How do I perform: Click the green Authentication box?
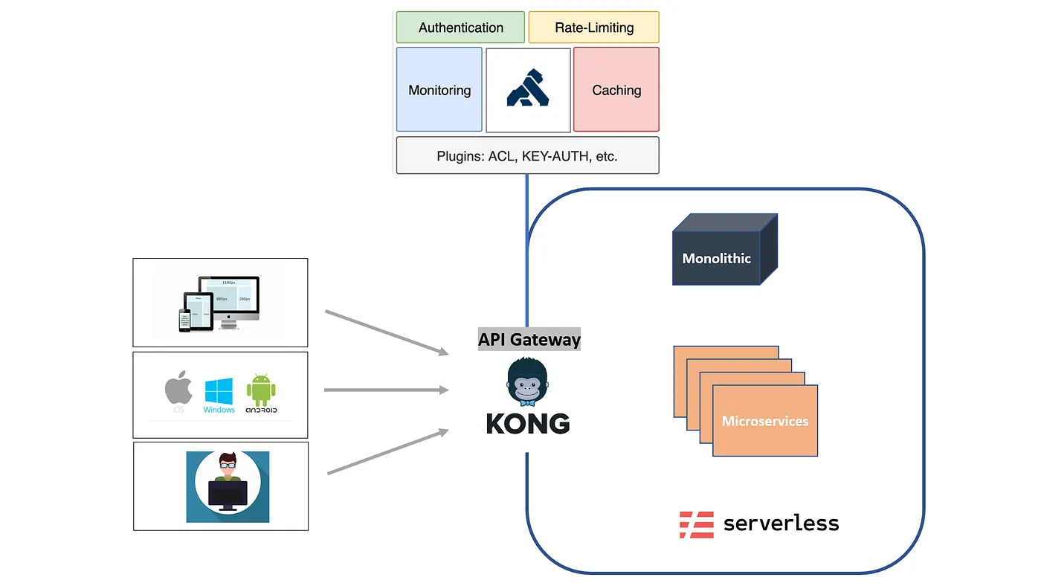click(x=460, y=28)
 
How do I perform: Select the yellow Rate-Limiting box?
click(x=593, y=28)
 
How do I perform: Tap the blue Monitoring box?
click(x=439, y=90)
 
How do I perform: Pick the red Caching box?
click(x=616, y=90)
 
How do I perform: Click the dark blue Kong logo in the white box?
click(x=528, y=88)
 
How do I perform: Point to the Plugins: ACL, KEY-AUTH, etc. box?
click(x=527, y=155)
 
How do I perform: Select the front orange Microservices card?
click(x=764, y=421)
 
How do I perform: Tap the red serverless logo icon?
click(x=696, y=524)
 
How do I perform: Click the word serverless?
click(x=781, y=524)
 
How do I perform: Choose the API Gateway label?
click(x=529, y=340)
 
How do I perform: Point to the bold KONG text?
click(x=528, y=424)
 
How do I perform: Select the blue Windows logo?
click(x=219, y=391)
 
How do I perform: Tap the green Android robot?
click(x=260, y=390)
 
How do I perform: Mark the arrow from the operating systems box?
click(x=386, y=390)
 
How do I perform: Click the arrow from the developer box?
click(x=387, y=451)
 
